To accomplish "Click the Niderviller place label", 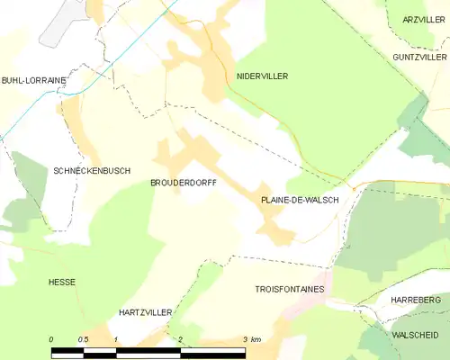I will click(x=262, y=76).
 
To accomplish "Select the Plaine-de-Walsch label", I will click(x=300, y=200).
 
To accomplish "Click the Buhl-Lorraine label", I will click(x=33, y=80).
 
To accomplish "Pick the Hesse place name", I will click(x=62, y=282).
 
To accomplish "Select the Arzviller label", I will click(x=425, y=20).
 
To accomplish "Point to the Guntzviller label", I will click(x=419, y=56).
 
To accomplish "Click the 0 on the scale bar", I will click(x=52, y=339).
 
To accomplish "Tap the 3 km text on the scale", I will click(x=252, y=339).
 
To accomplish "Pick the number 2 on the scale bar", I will click(x=181, y=339).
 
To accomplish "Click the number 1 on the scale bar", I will click(x=116, y=339).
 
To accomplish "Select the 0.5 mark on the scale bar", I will click(x=83, y=339).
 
